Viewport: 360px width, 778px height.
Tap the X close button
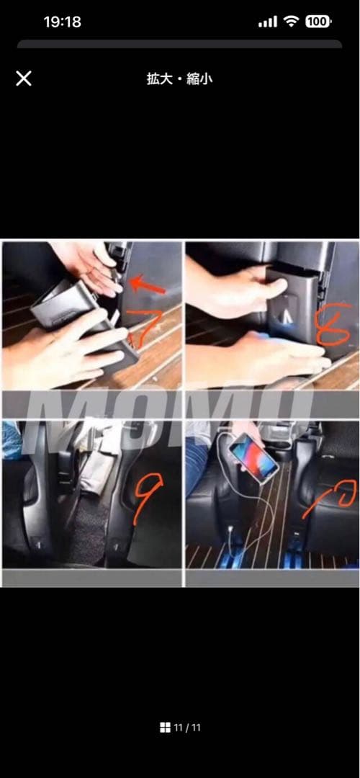(23, 79)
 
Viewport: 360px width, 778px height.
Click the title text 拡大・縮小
(179, 79)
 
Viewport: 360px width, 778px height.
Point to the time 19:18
(63, 22)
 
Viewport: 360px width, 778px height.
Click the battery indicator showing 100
(318, 22)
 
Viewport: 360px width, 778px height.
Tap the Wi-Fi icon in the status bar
(291, 22)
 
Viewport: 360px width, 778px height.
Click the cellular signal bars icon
(268, 22)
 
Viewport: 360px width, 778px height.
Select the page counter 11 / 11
(187, 728)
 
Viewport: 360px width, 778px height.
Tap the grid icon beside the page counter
(165, 728)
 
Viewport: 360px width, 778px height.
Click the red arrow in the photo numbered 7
(150, 286)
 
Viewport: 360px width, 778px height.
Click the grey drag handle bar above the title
(179, 44)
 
